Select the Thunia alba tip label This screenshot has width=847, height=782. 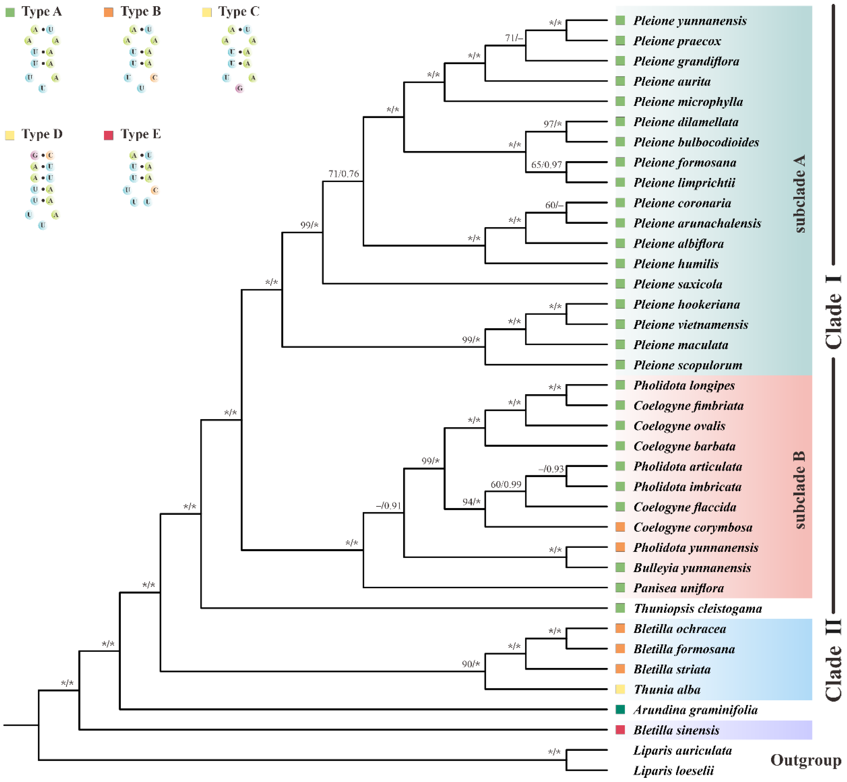[x=667, y=690]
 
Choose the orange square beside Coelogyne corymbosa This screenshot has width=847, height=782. [x=620, y=527]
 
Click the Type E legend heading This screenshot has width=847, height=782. [x=141, y=134]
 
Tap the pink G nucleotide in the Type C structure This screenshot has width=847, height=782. [x=240, y=88]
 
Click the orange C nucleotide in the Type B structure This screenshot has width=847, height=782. [x=155, y=78]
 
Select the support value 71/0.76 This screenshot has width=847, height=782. [x=344, y=174]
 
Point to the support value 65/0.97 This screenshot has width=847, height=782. [x=546, y=165]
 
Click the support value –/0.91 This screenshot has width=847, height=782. [x=389, y=506]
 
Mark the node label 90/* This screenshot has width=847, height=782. [x=471, y=664]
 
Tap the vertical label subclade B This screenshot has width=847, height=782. [x=799, y=490]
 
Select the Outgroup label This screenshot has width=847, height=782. [x=806, y=761]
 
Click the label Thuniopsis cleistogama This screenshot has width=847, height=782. [x=698, y=608]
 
